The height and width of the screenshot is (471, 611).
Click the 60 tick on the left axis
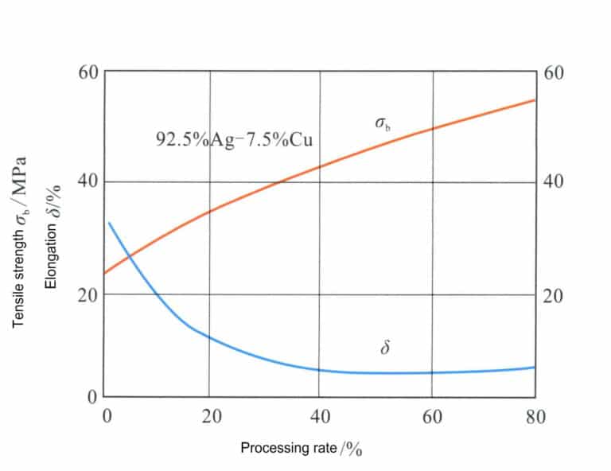click(88, 72)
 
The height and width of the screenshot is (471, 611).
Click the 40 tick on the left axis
click(88, 182)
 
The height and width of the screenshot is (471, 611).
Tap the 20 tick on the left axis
click(88, 295)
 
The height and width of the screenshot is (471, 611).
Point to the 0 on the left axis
click(91, 395)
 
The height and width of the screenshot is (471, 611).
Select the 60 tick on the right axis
click(553, 72)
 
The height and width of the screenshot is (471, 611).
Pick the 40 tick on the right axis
click(553, 182)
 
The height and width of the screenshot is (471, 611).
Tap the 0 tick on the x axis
click(107, 417)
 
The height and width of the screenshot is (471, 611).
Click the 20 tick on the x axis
click(211, 417)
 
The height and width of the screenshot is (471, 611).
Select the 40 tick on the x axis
click(321, 417)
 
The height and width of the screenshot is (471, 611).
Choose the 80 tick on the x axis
click(535, 417)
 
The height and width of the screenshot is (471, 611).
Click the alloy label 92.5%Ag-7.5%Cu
click(234, 140)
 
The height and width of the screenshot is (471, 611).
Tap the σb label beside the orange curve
click(383, 124)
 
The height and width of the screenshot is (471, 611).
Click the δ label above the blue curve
click(385, 348)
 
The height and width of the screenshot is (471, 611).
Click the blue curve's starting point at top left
click(108, 223)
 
